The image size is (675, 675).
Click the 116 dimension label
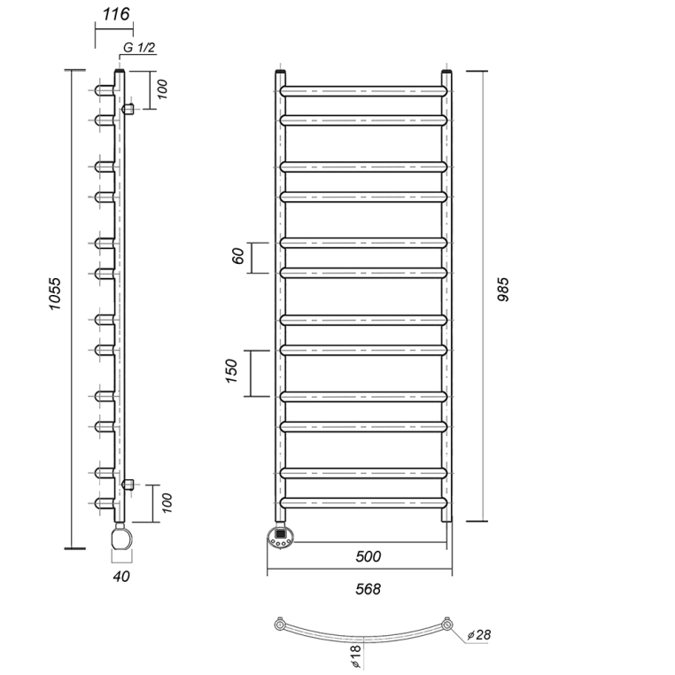116,14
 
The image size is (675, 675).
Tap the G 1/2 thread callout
139,47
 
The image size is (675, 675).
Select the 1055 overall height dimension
55,294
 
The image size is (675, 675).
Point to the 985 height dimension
503,290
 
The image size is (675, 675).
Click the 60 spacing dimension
238,256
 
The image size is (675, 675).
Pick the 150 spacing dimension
231,370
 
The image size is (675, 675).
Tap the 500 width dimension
369,556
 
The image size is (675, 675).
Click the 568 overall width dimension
369,589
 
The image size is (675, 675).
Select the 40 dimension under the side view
121,576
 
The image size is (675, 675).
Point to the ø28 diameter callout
479,634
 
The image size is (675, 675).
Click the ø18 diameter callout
356,657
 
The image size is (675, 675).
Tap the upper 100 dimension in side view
162,89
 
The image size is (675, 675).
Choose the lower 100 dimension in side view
167,503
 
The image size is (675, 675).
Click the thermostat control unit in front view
281,537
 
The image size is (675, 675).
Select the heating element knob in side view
122,537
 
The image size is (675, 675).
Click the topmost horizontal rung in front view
364,91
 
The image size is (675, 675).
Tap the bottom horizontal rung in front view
364,503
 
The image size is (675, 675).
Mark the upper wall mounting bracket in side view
128,108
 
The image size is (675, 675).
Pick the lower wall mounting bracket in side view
128,485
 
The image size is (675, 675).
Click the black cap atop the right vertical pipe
446,71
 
